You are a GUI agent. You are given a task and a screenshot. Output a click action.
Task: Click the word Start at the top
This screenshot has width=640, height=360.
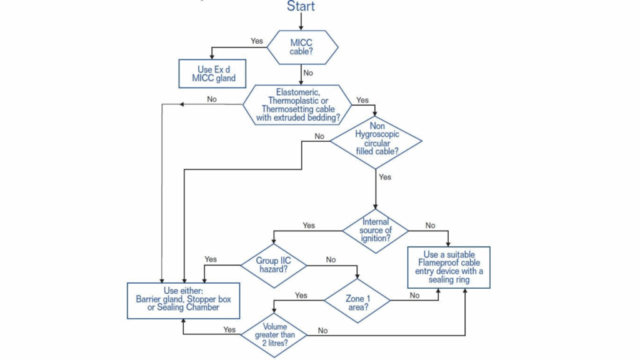[301, 7]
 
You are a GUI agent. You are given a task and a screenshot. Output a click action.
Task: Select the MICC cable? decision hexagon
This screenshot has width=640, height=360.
[302, 47]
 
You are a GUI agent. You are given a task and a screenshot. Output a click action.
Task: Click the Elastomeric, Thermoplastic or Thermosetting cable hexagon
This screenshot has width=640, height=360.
[297, 104]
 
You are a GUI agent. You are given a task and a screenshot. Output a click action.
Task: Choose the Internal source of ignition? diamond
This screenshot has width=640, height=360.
[375, 231]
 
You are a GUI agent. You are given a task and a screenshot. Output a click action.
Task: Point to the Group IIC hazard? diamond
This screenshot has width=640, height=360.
[273, 264]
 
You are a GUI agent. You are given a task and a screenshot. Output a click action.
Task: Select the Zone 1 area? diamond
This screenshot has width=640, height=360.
[357, 300]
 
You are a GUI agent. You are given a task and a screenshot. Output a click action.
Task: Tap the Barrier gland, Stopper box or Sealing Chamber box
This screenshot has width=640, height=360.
[183, 300]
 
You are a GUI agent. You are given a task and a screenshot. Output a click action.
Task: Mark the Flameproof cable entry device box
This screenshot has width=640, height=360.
[448, 267]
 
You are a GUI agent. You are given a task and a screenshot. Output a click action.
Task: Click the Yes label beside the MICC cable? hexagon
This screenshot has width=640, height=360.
[257, 41]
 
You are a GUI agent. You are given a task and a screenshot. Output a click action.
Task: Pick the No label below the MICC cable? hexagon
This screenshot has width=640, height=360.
[308, 73]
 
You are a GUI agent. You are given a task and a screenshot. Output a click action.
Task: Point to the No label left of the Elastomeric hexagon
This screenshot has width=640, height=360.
[212, 99]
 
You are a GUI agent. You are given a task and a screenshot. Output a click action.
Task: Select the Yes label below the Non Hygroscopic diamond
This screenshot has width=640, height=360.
[385, 177]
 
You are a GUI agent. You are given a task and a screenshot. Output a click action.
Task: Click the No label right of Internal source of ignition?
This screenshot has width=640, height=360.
[431, 226]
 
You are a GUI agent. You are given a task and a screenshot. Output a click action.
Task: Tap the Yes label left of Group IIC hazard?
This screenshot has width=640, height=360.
[211, 259]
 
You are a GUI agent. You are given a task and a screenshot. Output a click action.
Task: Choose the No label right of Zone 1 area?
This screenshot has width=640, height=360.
[414, 295]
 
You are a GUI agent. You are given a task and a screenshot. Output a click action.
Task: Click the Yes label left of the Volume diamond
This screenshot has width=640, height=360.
[229, 329]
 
